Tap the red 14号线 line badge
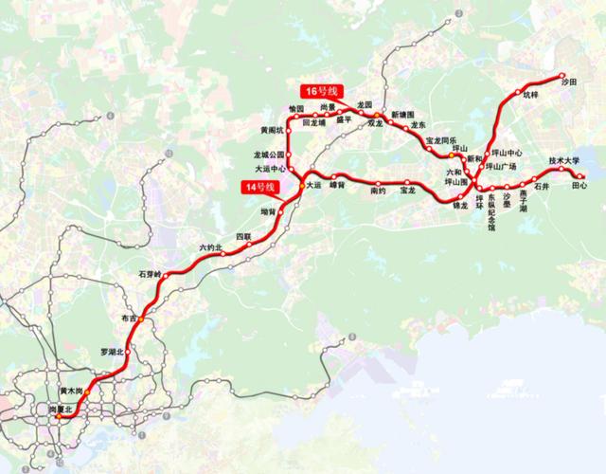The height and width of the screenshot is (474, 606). [257, 189]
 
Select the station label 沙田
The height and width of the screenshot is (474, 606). [568, 82]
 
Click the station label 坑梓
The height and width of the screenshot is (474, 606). [528, 95]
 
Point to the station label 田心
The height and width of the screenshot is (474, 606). [579, 186]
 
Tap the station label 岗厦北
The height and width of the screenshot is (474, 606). [62, 410]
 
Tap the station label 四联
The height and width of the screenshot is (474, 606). [243, 234]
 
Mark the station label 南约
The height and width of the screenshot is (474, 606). [377, 191]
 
